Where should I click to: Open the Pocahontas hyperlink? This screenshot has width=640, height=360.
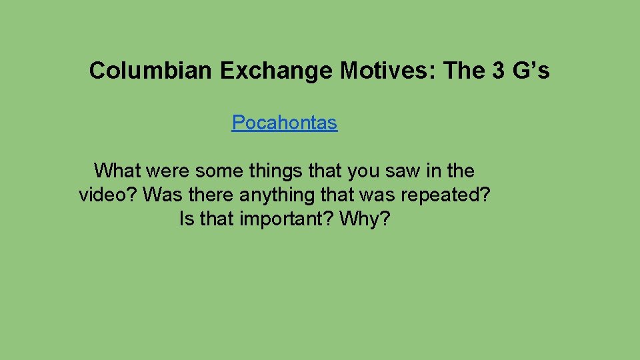(x=285, y=123)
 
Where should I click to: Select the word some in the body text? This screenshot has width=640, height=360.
(x=219, y=171)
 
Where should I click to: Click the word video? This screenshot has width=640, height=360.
(x=107, y=195)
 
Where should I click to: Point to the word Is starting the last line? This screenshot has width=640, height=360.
(x=187, y=219)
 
